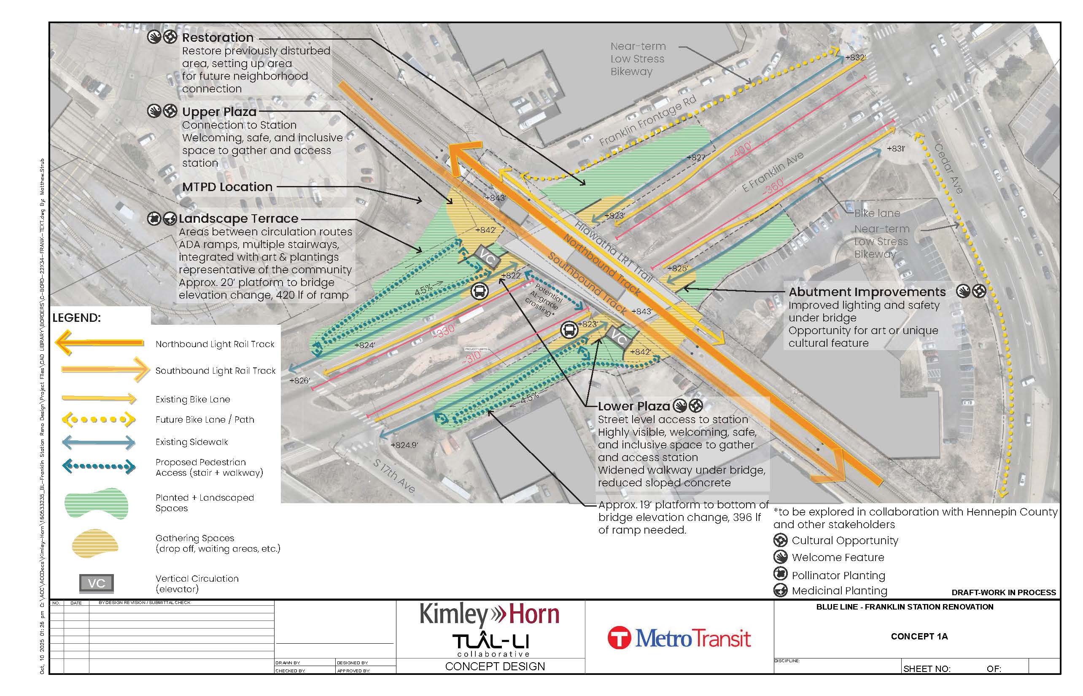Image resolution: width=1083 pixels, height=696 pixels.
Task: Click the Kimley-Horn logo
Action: (489, 615)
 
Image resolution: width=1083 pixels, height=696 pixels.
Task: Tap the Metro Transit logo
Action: (679, 638)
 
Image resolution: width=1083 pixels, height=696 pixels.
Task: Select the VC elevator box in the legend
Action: (96, 583)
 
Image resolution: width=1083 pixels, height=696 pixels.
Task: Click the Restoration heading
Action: (217, 38)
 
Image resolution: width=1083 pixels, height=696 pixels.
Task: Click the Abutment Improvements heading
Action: (867, 292)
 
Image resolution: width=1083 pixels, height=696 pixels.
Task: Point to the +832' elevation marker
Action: (855, 57)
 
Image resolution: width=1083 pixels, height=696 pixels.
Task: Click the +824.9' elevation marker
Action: (404, 445)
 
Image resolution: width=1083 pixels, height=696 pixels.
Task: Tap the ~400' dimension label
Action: (741, 151)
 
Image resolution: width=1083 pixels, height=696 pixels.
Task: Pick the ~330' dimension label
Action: (444, 331)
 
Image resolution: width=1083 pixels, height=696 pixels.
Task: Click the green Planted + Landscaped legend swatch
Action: (96, 503)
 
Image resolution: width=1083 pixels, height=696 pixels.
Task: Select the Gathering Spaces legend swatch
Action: (95, 543)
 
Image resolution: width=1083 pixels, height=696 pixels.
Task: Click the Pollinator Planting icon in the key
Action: (780, 574)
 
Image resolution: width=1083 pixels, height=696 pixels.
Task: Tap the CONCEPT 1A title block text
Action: (919, 637)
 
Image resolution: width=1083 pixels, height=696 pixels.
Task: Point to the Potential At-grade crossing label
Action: (544, 299)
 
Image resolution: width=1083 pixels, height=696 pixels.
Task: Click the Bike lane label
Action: (876, 213)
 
